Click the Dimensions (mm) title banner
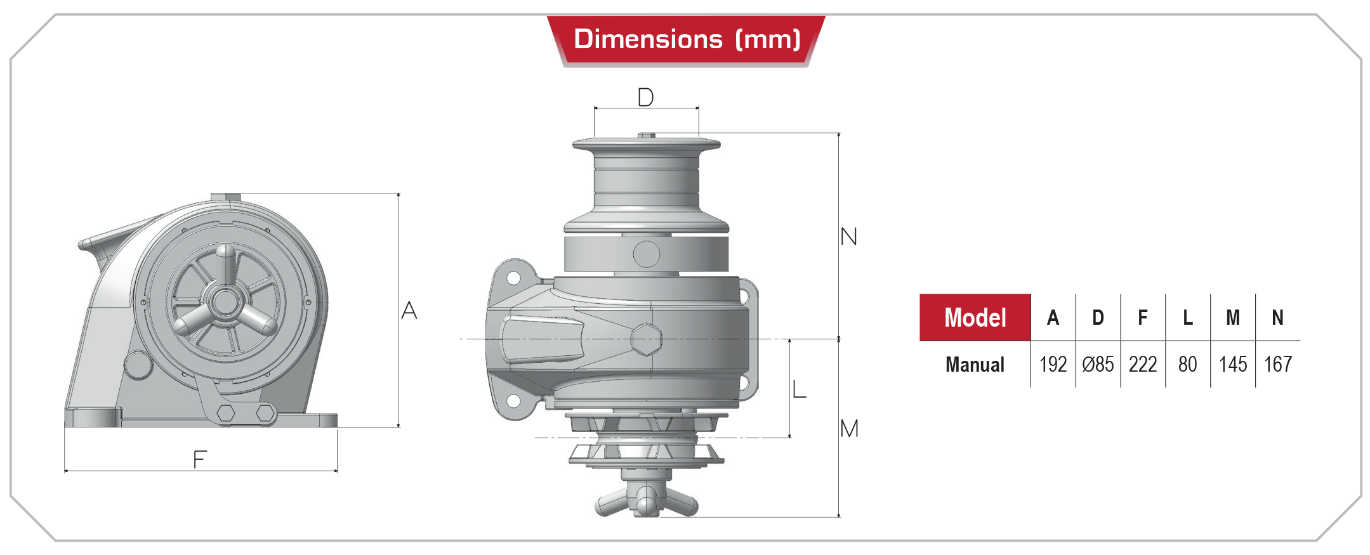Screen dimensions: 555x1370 687,39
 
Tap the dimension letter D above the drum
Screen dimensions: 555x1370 645,98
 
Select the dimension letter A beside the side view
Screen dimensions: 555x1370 409,310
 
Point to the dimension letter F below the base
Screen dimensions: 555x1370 200,459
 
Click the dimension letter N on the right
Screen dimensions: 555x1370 848,237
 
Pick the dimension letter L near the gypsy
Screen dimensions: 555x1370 800,388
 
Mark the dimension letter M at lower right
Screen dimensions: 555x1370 849,429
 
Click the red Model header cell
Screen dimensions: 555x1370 975,317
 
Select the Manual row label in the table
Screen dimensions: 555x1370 975,365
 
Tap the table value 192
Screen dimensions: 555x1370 1053,365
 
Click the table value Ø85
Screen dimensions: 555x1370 1098,365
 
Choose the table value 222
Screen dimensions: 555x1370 1143,365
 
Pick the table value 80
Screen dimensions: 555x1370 1187,365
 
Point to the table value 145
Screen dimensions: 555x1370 1233,365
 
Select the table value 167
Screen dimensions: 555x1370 1278,365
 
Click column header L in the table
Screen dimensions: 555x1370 1187,317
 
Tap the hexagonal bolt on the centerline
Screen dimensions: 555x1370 647,339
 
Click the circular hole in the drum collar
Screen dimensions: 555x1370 647,254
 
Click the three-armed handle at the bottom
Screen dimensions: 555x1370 646,500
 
